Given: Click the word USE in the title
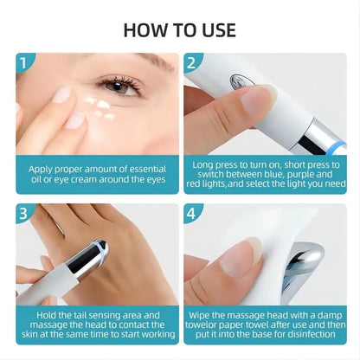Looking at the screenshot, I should point(215,29).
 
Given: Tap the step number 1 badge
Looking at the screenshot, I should point(26,63).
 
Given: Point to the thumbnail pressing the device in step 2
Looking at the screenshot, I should point(256,100).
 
